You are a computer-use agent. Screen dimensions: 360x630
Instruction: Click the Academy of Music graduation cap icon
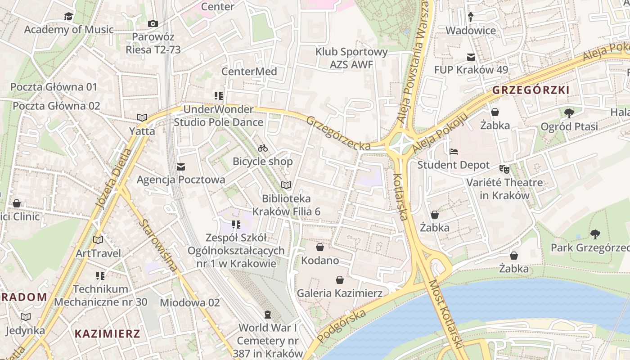coord(68,17)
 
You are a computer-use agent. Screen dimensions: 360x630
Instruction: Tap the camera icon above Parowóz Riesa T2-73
coord(153,23)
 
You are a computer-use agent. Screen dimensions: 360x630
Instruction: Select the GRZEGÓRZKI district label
coord(531,90)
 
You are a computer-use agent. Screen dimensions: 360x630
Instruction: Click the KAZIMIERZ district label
coord(108,334)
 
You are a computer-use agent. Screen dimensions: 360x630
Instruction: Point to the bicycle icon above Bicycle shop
coord(263,148)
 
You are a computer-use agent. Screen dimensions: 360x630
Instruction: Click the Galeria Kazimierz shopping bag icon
coord(340,280)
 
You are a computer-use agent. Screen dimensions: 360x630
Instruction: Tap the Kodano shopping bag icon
coord(320,247)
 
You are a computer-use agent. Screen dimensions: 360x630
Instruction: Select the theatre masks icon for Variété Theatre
coord(504,169)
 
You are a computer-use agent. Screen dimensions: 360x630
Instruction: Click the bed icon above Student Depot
coord(454,152)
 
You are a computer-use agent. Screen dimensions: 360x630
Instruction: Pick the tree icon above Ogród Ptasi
coord(569,113)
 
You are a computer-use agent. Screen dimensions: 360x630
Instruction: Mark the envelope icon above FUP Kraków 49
coord(471,57)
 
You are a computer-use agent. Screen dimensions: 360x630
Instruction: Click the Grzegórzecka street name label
coord(339,133)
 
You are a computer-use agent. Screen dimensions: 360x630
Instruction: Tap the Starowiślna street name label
coord(157,245)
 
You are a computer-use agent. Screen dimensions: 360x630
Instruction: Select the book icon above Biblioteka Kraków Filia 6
coord(286,185)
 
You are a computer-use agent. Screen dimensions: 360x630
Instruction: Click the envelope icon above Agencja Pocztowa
coord(181,167)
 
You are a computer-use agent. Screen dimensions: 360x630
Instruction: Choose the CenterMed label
coord(249,72)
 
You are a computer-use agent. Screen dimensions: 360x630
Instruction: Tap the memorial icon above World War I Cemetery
coord(268,314)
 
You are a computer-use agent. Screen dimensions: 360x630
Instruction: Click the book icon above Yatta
coord(142,118)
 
